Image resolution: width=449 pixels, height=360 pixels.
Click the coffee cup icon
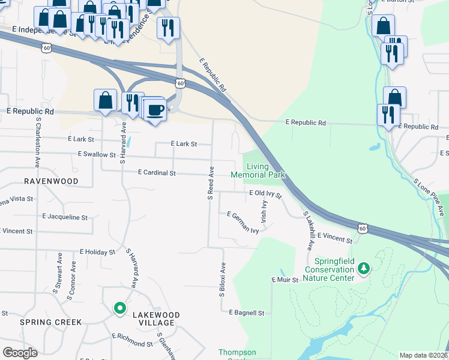coord(155,110)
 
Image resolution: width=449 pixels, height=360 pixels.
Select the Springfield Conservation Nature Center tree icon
coord(363,269)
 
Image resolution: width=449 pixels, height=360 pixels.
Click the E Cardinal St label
coord(156,173)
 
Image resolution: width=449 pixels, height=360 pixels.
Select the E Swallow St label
coord(97,154)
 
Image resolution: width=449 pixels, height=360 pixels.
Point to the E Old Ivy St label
coord(265,193)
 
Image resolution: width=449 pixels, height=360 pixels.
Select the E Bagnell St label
coord(247,313)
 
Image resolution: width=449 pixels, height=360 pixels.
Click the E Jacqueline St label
coord(65,217)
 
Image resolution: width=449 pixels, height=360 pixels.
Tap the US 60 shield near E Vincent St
coord(361,228)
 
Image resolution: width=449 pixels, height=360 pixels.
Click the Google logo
coord(20,353)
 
